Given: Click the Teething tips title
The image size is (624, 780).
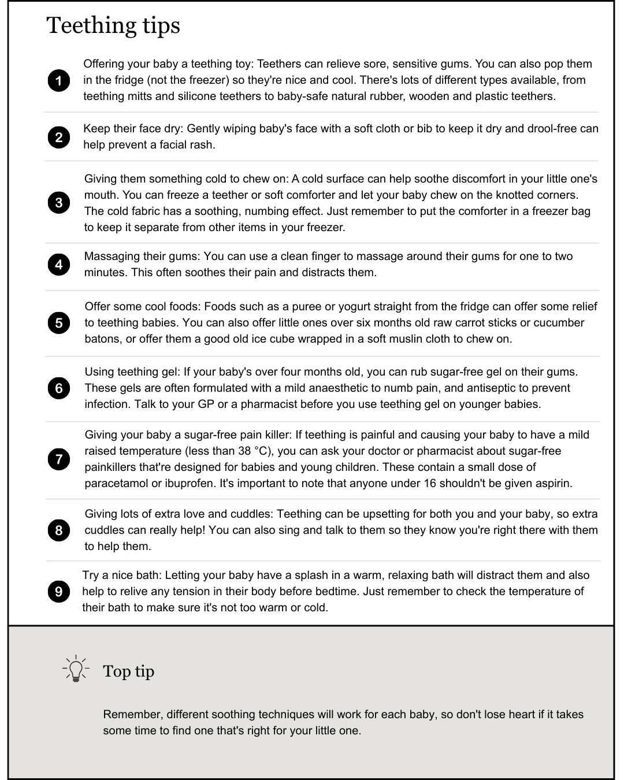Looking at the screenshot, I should tap(113, 26).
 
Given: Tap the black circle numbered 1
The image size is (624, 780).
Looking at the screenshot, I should tap(59, 80).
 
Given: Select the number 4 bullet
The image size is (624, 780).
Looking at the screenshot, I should tap(59, 265).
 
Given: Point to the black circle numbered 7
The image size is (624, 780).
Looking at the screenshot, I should tap(59, 459).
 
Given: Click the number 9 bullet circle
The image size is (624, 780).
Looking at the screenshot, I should tap(59, 592).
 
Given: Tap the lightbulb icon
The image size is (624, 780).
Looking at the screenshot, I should tap(76, 670).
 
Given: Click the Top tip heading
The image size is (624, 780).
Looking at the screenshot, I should tap(128, 671).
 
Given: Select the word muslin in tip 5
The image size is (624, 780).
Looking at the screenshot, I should tap(367, 339).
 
